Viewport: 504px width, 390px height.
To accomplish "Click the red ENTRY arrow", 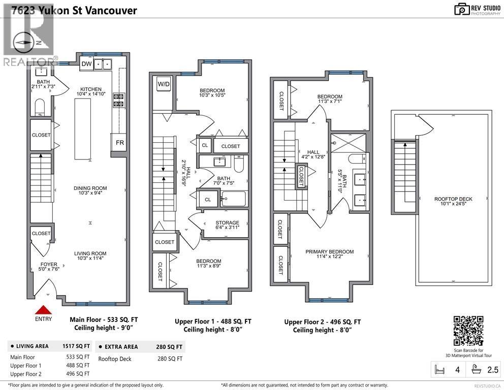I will coord(43,309).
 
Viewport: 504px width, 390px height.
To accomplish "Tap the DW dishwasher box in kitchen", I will coord(87,64).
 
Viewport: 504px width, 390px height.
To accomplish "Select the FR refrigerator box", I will coord(119,143).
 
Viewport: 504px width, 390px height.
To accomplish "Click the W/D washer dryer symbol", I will coord(164,84).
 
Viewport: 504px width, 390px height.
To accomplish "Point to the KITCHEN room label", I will coord(91,89).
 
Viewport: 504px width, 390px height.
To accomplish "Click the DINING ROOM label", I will coord(90,188).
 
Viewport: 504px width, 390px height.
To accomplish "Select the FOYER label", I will coord(49,265).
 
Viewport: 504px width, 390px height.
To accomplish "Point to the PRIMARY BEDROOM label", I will coord(329,252).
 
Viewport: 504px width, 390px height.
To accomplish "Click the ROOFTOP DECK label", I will coord(453,199).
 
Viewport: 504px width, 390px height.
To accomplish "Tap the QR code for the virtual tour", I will coord(468,331).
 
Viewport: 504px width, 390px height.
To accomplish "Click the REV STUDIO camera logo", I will coord(461,9).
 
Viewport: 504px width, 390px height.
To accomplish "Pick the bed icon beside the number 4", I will coord(440,370).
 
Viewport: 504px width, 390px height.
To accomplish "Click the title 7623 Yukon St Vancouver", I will coord(69,10).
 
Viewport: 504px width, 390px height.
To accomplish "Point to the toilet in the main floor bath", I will coord(40,107).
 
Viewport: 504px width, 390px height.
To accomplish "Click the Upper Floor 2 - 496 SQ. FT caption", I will coord(323,322).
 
